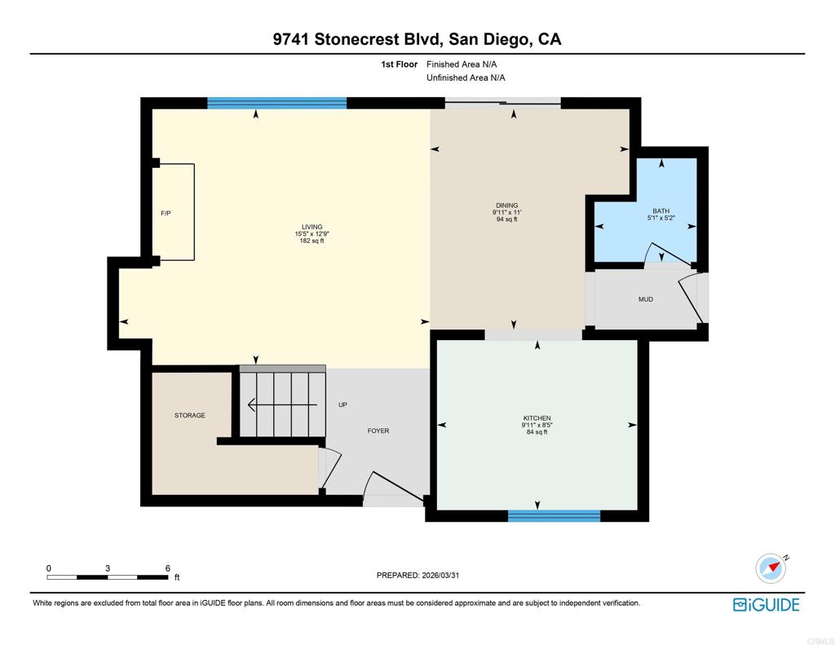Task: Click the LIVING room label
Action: pyautogui.click(x=311, y=227)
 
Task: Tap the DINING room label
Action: pyautogui.click(x=506, y=205)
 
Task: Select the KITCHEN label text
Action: pyautogui.click(x=537, y=418)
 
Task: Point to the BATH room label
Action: pyautogui.click(x=660, y=211)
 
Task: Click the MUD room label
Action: pyautogui.click(x=645, y=299)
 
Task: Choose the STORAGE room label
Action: pyautogui.click(x=190, y=415)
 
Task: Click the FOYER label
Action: pyautogui.click(x=378, y=431)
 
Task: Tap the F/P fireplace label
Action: pyautogui.click(x=166, y=214)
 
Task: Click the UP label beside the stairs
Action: pyautogui.click(x=343, y=404)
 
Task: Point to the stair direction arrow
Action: pyautogui.click(x=277, y=404)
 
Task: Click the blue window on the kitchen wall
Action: pyautogui.click(x=554, y=515)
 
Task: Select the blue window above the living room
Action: pyautogui.click(x=276, y=103)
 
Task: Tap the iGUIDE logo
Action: pyautogui.click(x=766, y=604)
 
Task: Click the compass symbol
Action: pyautogui.click(x=770, y=568)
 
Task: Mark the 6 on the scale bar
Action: pyautogui.click(x=167, y=568)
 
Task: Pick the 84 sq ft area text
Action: pyautogui.click(x=537, y=432)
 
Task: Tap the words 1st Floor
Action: pyautogui.click(x=400, y=64)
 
